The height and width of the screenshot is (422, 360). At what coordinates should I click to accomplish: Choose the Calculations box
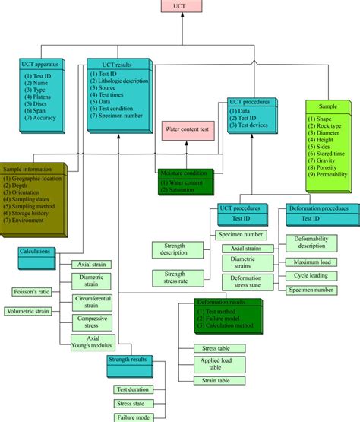pyautogui.click(x=39, y=255)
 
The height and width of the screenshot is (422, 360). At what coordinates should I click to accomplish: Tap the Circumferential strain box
pyautogui.click(x=93, y=303)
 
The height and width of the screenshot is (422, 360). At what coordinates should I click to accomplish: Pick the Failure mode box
pyautogui.click(x=133, y=417)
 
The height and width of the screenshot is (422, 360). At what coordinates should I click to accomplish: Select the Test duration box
pyautogui.click(x=133, y=389)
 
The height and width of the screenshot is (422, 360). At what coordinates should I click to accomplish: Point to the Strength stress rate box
pyautogui.click(x=174, y=278)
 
